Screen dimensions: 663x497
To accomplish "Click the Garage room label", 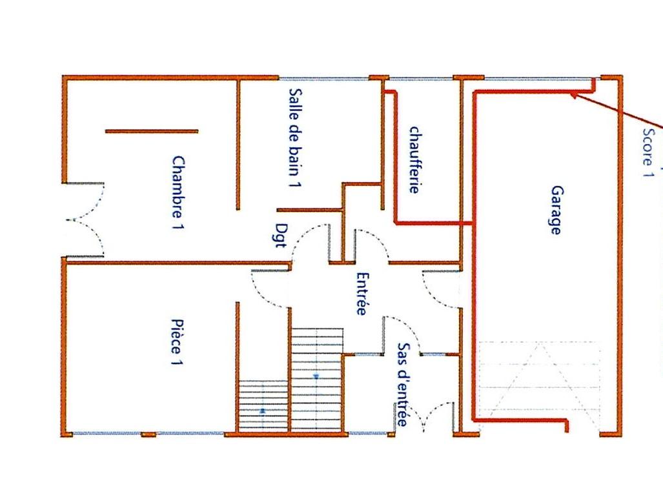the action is pyautogui.click(x=556, y=210).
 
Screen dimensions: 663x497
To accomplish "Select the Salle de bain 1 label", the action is pyautogui.click(x=295, y=137).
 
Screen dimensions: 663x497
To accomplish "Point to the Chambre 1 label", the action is pyautogui.click(x=178, y=193).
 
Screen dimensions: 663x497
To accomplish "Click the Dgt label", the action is pyautogui.click(x=281, y=235).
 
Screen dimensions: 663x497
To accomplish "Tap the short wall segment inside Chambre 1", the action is pyautogui.click(x=151, y=132).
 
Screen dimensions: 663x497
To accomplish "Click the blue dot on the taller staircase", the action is pyautogui.click(x=316, y=376).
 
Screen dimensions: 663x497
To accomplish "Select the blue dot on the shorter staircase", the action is pyautogui.click(x=263, y=411).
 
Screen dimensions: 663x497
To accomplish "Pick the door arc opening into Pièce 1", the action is pyautogui.click(x=270, y=289).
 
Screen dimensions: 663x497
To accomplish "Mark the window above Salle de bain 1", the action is pyautogui.click(x=324, y=79).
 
